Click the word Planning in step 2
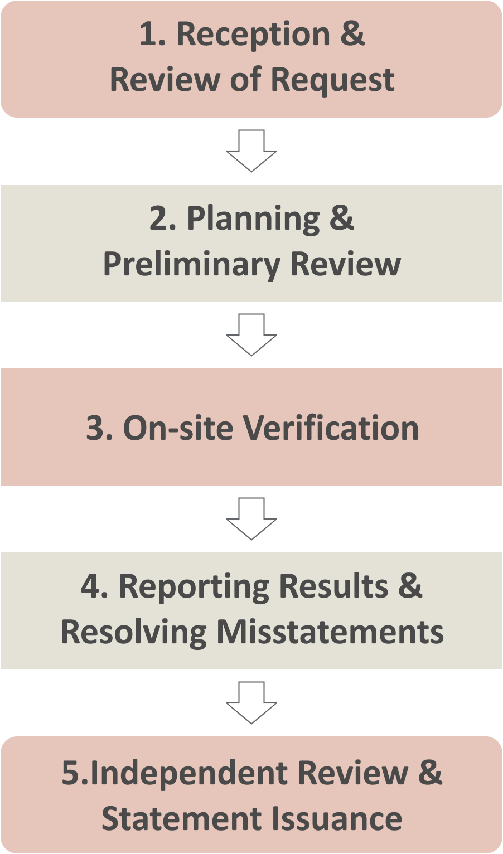click(253, 219)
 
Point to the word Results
click(333, 587)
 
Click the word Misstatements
click(330, 632)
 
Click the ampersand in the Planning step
click(341, 218)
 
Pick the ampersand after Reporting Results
click(410, 586)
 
